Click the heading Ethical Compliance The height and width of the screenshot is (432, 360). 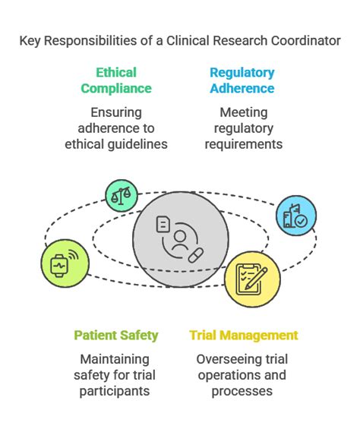pyautogui.click(x=115, y=80)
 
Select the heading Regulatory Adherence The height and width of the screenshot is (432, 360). pyautogui.click(x=242, y=80)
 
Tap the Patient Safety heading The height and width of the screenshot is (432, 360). pyautogui.click(x=116, y=335)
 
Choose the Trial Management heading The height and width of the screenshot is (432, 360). pyautogui.click(x=243, y=335)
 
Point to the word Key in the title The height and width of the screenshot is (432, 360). pyautogui.click(x=31, y=40)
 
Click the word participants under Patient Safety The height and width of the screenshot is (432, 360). pyautogui.click(x=117, y=392)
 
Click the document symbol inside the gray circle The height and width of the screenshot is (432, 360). pyautogui.click(x=163, y=224)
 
